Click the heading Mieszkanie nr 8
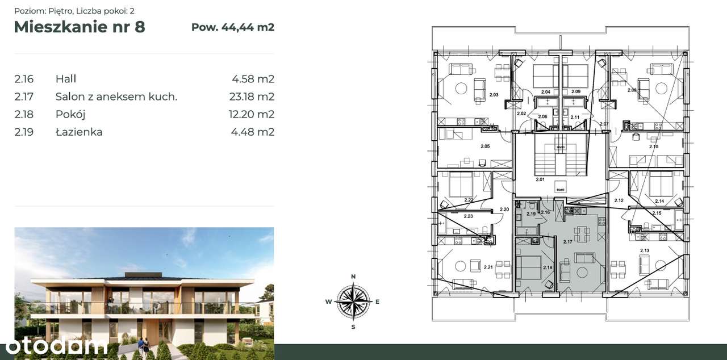point(80,27)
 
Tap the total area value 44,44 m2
point(233,27)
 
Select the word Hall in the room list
point(66,79)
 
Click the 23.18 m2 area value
point(251,97)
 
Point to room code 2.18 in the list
point(24,114)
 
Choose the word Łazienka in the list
point(79,132)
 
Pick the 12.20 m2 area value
point(251,114)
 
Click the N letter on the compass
point(353,277)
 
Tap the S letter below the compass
point(353,326)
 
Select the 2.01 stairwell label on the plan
point(540,179)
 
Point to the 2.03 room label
point(493,95)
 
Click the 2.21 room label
point(488,267)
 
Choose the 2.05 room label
point(484,146)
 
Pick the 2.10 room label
point(653,146)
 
